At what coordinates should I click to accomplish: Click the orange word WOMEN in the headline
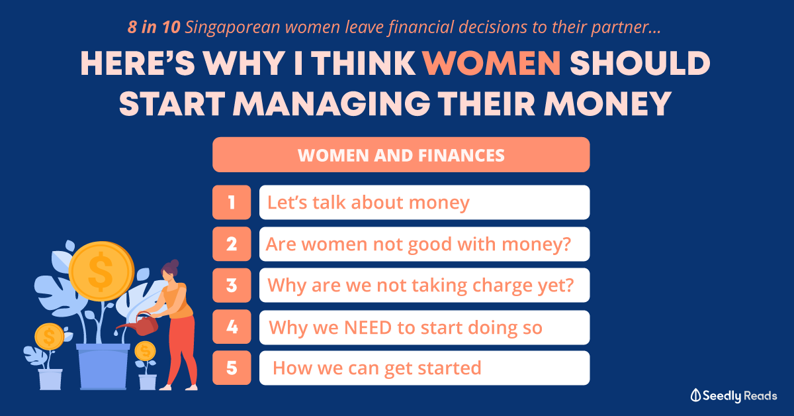492,63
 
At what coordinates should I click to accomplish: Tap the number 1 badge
232,202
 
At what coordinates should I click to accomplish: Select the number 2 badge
232,244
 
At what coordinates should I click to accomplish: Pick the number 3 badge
232,286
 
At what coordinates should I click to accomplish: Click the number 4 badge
232,327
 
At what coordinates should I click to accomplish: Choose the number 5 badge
232,368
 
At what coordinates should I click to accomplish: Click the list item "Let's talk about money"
424,202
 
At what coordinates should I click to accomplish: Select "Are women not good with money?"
424,244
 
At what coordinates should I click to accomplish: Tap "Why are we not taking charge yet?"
424,286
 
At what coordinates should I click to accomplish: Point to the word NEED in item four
368,327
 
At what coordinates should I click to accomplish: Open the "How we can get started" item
424,368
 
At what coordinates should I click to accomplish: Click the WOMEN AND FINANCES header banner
401,155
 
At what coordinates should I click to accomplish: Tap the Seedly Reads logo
733,395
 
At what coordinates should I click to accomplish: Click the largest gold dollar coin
101,271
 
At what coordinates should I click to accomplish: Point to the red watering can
140,324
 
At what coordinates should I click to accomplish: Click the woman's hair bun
174,264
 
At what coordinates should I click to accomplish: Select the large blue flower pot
103,366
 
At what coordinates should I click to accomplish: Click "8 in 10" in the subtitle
154,27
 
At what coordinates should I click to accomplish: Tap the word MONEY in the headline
607,103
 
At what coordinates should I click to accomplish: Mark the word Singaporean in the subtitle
232,28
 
